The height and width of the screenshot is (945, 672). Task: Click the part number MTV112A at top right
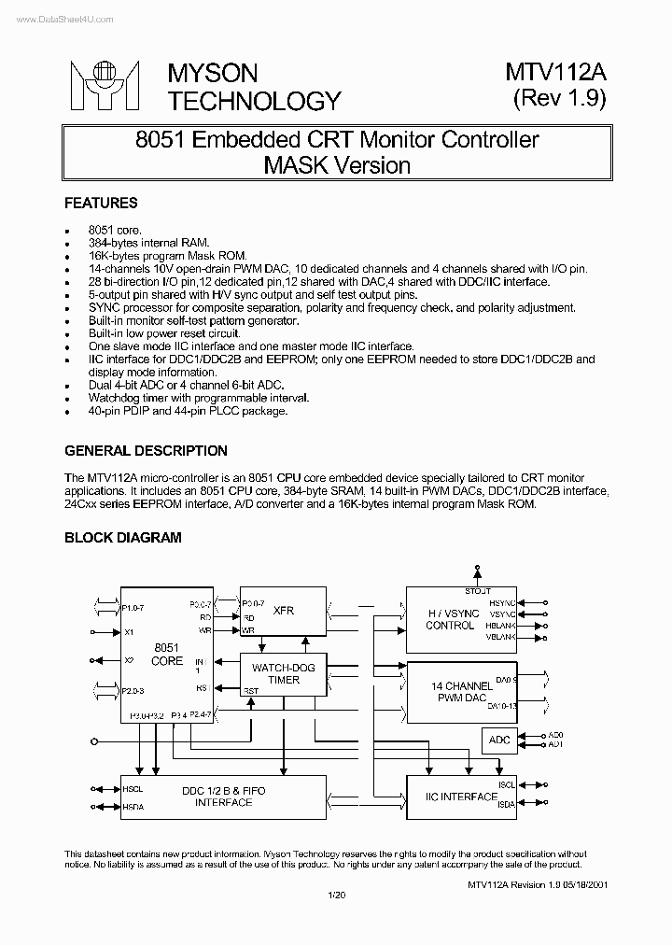(x=557, y=74)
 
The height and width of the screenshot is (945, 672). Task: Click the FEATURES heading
(x=101, y=203)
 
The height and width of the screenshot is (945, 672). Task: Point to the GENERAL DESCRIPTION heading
(x=146, y=451)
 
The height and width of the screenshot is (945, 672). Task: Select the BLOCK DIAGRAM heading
(x=122, y=538)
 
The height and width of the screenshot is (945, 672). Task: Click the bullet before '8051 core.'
(x=67, y=230)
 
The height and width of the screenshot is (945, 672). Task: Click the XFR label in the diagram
(x=284, y=611)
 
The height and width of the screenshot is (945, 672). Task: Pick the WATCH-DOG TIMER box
(x=283, y=673)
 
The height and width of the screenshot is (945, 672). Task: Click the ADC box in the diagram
(x=499, y=740)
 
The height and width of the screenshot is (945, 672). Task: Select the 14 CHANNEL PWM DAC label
(x=462, y=692)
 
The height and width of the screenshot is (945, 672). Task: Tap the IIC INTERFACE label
(x=462, y=797)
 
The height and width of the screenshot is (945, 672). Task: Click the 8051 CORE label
(x=167, y=654)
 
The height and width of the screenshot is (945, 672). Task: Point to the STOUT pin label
(x=478, y=591)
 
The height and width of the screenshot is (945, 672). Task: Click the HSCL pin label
(x=133, y=789)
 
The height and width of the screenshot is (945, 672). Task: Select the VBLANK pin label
(x=501, y=637)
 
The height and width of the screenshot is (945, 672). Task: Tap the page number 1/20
(x=337, y=896)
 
